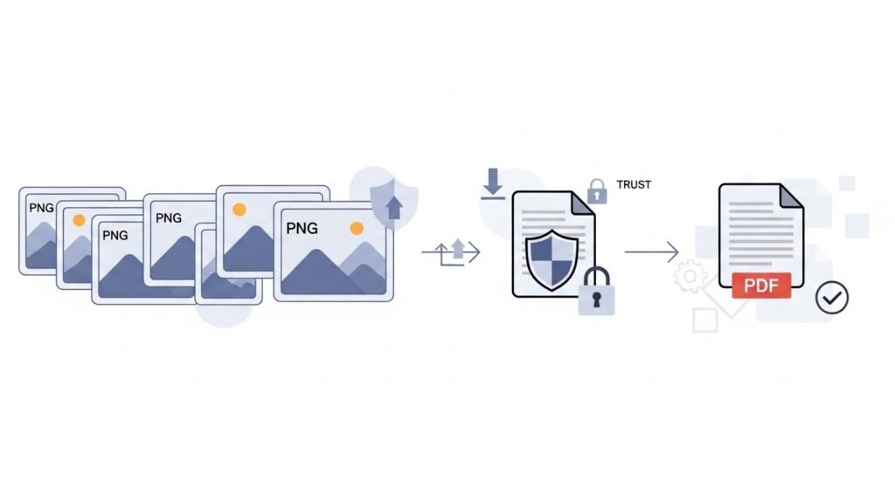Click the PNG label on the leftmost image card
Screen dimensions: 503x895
pyautogui.click(x=41, y=208)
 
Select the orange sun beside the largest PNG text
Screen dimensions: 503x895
pyautogui.click(x=356, y=229)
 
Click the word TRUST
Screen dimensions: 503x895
pyautogui.click(x=634, y=185)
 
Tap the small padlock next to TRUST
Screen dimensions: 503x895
pyautogui.click(x=597, y=189)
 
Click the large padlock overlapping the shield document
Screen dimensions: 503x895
pyautogui.click(x=596, y=292)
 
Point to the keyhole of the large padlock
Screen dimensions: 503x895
pyautogui.click(x=596, y=299)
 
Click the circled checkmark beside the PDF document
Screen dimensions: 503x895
pyautogui.click(x=831, y=297)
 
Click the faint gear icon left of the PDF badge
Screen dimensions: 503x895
pyautogui.click(x=690, y=277)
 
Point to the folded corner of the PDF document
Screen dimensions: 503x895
pyautogui.click(x=790, y=196)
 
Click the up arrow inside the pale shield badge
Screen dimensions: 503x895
pyautogui.click(x=393, y=207)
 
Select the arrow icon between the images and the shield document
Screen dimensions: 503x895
pyautogui.click(x=452, y=252)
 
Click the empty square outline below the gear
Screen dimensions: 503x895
pyautogui.click(x=704, y=320)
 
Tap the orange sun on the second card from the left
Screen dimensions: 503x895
pyautogui.click(x=79, y=221)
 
